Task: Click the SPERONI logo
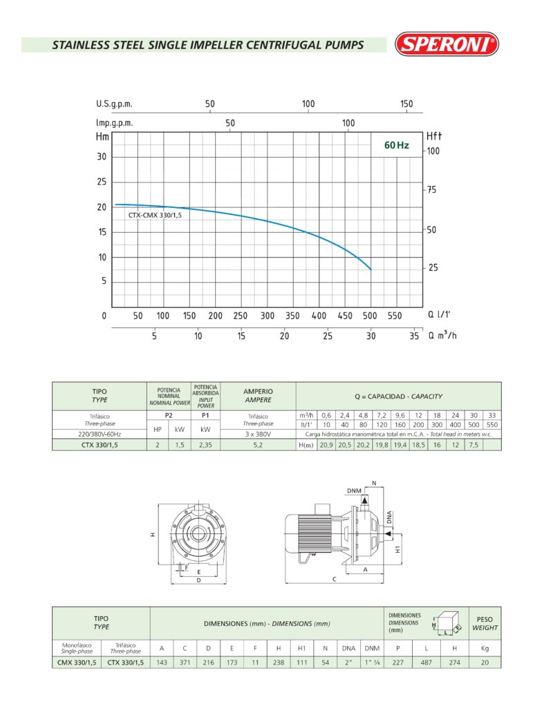[447, 44]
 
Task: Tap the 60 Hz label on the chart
[397, 145]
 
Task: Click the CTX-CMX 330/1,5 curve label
[155, 215]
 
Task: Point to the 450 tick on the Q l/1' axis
[345, 316]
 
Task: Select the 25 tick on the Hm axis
[102, 182]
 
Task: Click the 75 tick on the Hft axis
[431, 190]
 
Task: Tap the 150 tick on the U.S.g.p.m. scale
[406, 104]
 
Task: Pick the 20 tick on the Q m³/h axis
[284, 336]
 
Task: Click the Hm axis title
[103, 137]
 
